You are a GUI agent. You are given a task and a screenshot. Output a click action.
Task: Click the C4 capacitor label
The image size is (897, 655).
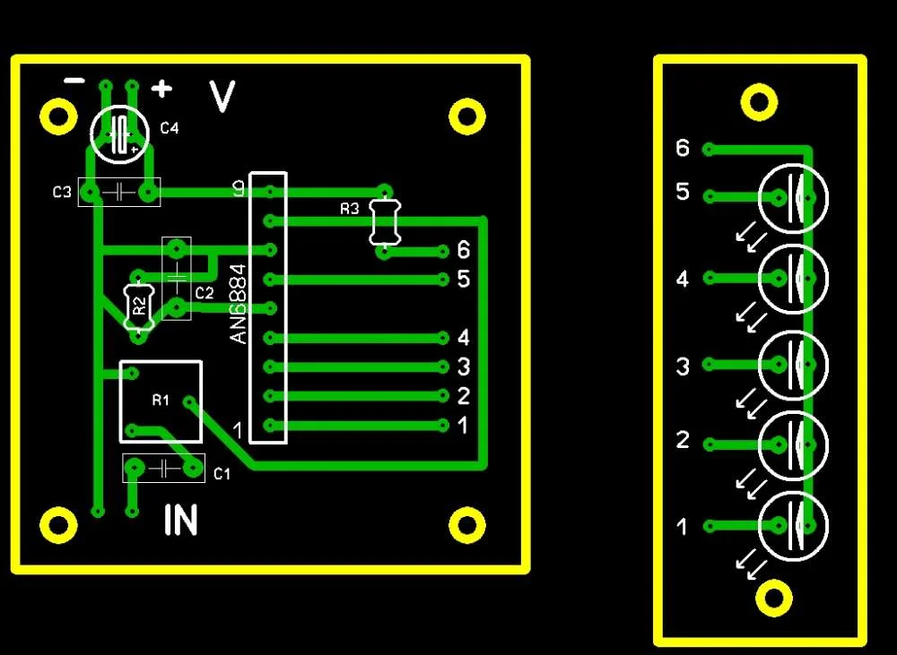coord(170,128)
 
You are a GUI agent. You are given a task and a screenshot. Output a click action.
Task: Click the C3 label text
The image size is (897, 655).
coord(62,192)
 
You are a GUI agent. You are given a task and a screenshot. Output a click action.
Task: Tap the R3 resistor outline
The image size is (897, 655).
coord(385,221)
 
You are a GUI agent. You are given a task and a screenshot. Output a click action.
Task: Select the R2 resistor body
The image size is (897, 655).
coord(139,307)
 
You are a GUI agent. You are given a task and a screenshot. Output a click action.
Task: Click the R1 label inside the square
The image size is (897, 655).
coord(161,401)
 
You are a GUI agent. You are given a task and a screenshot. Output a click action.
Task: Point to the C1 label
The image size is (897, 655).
coord(222,474)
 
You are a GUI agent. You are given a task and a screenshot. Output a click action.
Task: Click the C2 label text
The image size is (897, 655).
coord(205,293)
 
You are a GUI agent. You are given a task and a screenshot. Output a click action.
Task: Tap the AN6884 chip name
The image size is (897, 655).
coord(239,304)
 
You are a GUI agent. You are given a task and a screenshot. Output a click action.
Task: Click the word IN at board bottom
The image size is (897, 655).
coord(181,520)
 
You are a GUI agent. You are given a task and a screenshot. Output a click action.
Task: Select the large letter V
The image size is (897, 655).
coord(222,97)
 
